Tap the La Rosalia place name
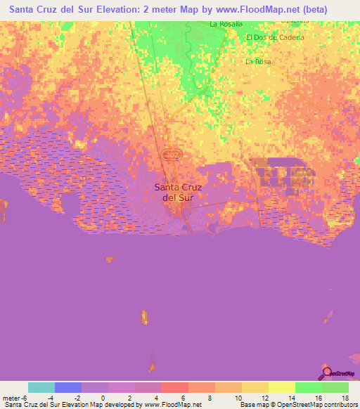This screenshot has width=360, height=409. pos(226,24)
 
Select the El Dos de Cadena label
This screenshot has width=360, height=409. pos(275,37)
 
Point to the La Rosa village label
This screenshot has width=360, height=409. pos(258,62)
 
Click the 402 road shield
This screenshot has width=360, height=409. pos(170,153)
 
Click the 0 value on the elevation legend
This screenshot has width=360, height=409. pos(103,397)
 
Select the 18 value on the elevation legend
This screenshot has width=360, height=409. pos(345,397)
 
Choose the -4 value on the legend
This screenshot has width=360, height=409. pos(50,397)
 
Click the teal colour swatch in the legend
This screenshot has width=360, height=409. pos(41,387)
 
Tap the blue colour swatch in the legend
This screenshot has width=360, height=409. pos(68,387)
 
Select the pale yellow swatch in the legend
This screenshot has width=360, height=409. pos(282,387)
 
